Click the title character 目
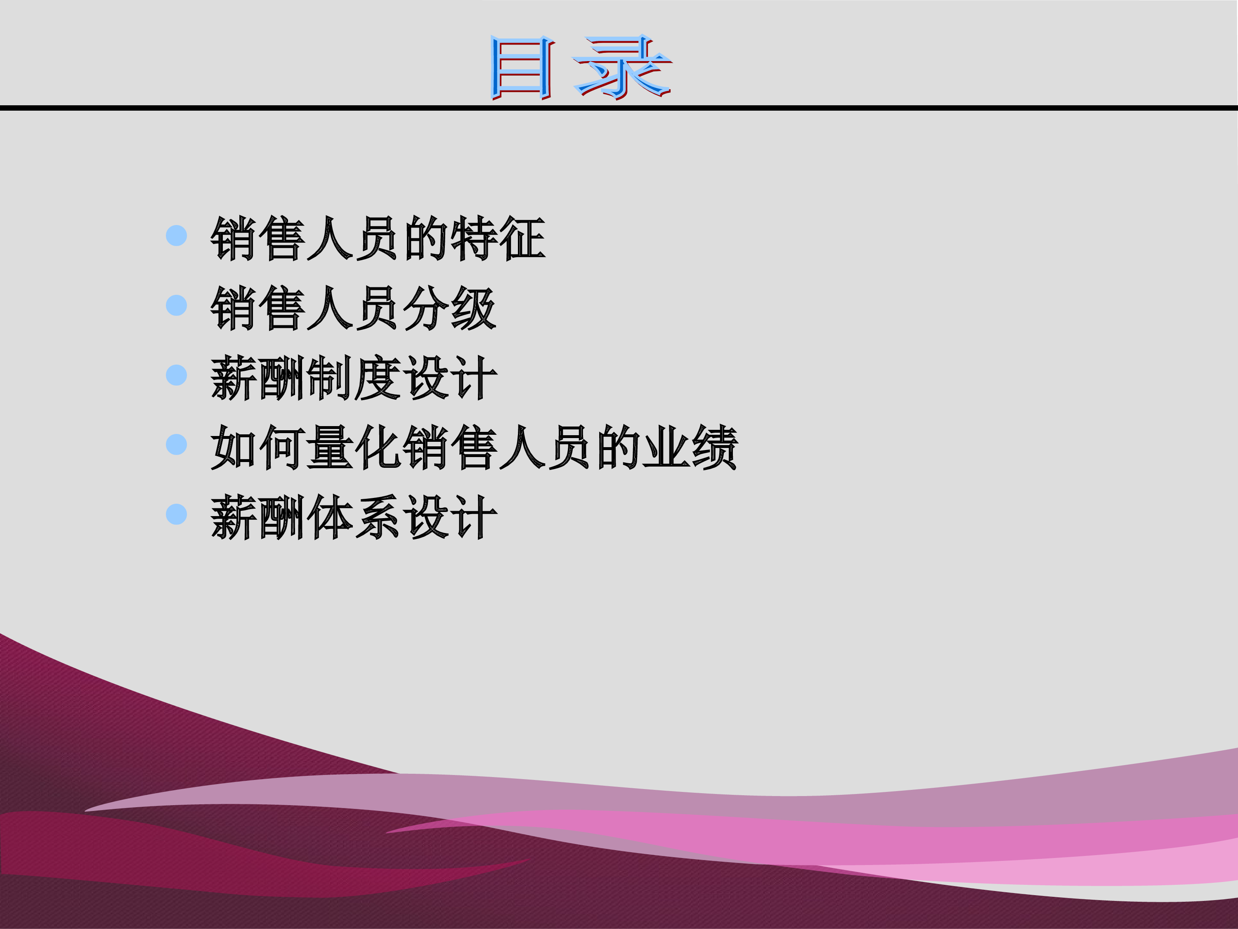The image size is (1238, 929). click(522, 68)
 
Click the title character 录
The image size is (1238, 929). click(622, 67)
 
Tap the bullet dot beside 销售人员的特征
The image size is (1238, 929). click(176, 236)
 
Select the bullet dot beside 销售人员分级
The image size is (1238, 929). click(176, 305)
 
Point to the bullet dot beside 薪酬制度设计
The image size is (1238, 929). click(176, 375)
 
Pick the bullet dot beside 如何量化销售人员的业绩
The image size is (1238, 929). click(176, 445)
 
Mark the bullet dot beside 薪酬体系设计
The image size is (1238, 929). click(176, 514)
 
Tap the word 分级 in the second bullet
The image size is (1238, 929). click(450, 308)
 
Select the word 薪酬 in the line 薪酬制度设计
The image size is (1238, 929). click(258, 378)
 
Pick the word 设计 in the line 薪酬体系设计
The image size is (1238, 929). click(450, 517)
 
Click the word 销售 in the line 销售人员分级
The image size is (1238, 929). click(258, 308)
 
